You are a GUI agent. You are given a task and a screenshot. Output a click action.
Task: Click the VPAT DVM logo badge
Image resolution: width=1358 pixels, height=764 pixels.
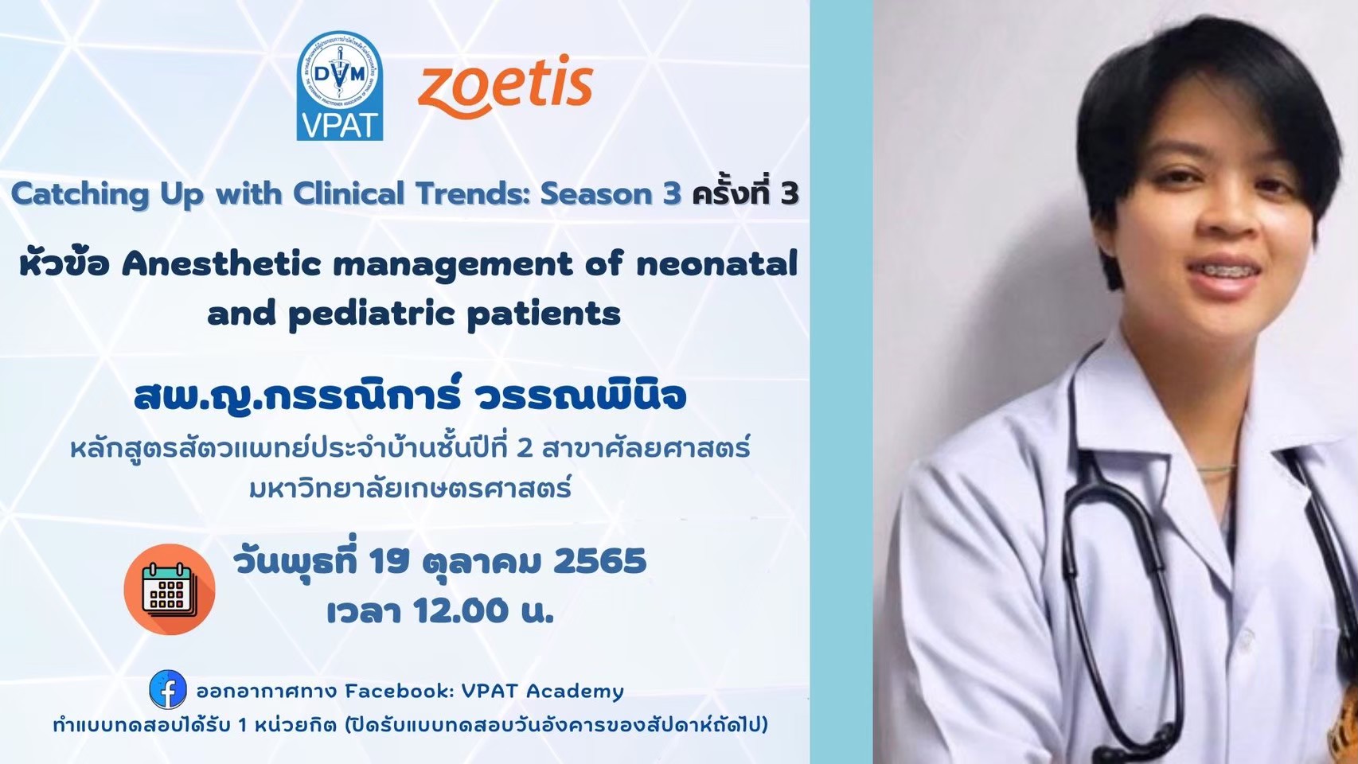[339, 85]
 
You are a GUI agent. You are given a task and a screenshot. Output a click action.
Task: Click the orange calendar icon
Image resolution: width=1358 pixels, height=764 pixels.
[170, 590]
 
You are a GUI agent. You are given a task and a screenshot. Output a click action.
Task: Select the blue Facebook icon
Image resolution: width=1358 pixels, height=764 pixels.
[168, 689]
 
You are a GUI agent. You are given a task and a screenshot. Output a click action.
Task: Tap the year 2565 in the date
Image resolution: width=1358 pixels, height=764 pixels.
[600, 562]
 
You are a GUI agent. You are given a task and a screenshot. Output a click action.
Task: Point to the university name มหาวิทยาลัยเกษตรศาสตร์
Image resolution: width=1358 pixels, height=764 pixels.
[411, 486]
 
